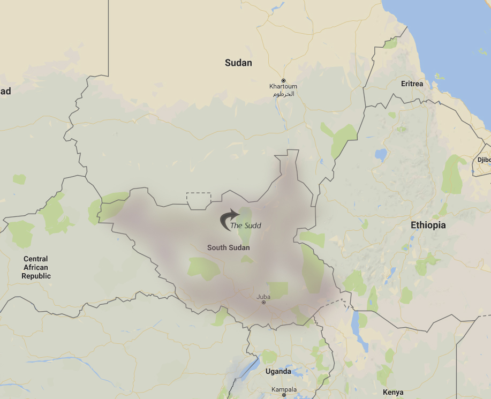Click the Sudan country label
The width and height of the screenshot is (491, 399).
[238, 63]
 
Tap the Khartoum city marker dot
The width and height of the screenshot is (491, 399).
[284, 80]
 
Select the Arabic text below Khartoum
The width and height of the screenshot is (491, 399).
[284, 94]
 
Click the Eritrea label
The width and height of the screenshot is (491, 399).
[412, 84]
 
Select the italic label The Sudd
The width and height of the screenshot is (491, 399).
[246, 225]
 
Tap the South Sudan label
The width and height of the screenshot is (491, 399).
[229, 247]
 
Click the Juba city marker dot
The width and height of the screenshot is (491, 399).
[263, 303]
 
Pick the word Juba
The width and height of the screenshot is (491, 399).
[263, 296]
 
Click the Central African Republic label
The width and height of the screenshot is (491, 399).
[36, 267]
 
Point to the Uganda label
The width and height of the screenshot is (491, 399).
[278, 371]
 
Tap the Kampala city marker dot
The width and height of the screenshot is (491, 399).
[284, 395]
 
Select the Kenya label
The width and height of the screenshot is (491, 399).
[394, 392]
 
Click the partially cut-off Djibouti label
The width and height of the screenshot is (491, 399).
[484, 160]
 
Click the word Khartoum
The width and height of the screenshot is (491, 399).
[283, 87]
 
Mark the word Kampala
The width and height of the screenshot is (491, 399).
[284, 389]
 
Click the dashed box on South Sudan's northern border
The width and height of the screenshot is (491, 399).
[199, 199]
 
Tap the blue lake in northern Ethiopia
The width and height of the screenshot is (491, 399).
[381, 155]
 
